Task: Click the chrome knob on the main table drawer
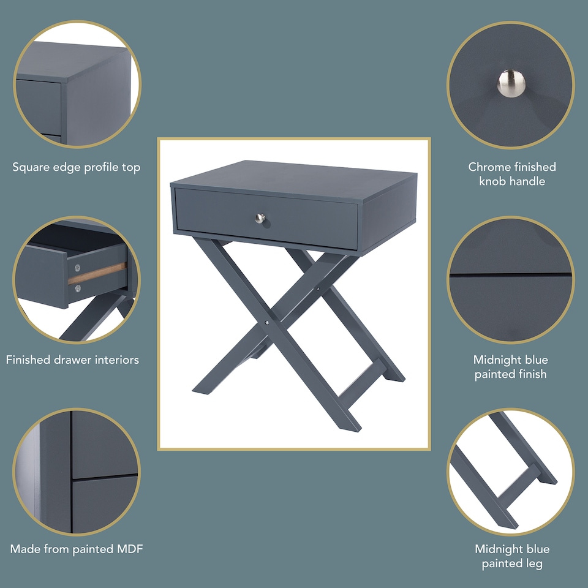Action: tap(260, 217)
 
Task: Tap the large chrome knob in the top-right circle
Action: tap(510, 83)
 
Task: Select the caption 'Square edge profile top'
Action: tap(77, 167)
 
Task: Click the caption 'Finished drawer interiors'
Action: tap(72, 360)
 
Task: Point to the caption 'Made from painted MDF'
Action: tap(77, 549)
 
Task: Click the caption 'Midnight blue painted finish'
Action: tap(511, 366)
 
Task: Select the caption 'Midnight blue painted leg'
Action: tap(512, 556)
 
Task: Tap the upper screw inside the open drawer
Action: tap(77, 267)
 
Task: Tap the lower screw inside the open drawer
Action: tap(77, 288)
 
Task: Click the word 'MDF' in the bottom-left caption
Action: tap(130, 549)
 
